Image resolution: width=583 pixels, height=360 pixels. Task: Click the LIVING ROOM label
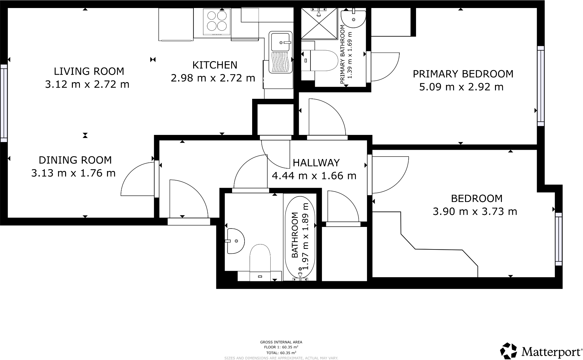[x=89, y=71]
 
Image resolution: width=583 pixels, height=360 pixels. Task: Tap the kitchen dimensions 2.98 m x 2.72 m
[x=213, y=78]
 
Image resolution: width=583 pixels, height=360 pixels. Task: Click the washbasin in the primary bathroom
[x=354, y=19]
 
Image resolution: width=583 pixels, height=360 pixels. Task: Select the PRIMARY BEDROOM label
[x=463, y=74]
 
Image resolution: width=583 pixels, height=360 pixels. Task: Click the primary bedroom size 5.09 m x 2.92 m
[x=461, y=87]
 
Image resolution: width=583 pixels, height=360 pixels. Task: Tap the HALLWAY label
[x=316, y=163]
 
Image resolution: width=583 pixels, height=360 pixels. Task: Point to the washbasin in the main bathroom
[x=235, y=241]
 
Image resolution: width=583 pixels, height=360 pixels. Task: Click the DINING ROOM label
[x=75, y=160]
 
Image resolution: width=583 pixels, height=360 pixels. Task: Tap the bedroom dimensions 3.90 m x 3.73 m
[x=475, y=211]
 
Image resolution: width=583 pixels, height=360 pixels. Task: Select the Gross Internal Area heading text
[x=281, y=342]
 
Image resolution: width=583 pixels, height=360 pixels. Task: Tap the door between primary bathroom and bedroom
[x=383, y=66]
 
